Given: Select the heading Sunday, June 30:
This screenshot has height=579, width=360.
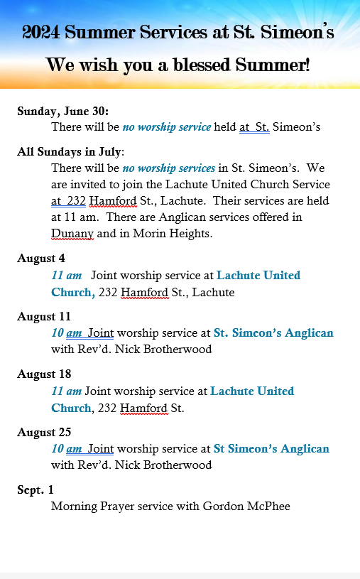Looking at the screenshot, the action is coord(62,112).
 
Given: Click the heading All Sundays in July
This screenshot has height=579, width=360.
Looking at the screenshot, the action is coord(70,152).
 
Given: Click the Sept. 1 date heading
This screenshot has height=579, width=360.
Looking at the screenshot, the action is coord(36,490).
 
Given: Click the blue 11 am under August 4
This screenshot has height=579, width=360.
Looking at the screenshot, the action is coord(66,275).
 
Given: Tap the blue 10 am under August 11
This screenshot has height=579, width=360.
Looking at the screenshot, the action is coord(67,332).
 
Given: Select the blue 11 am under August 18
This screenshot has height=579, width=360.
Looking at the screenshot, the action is coord(66,391).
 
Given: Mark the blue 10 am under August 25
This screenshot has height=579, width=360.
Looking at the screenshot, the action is coord(67,448).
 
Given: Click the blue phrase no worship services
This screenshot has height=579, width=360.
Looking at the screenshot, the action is coord(169,168).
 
